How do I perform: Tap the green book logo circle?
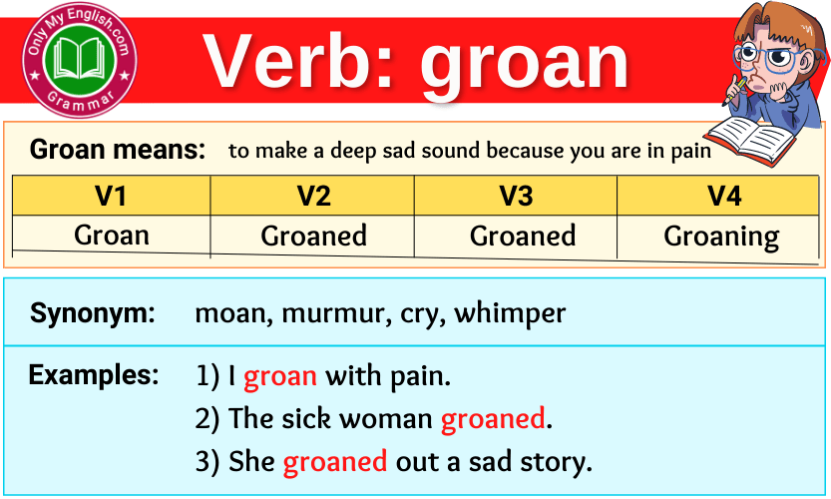80,61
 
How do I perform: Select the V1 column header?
111,196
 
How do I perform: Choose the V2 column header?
313,196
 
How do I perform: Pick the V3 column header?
516,196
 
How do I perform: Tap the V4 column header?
724,196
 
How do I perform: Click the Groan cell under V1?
111,236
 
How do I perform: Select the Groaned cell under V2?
313,237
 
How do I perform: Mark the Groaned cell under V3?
523,237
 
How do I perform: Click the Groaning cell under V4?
721,238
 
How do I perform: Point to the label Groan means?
118,151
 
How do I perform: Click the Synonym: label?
93,313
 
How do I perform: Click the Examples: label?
94,375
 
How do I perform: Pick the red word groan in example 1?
280,377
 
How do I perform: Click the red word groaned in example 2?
493,419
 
